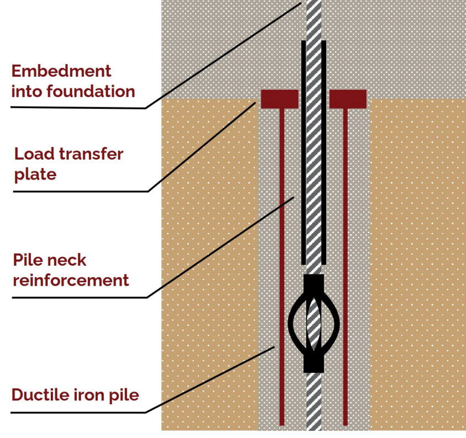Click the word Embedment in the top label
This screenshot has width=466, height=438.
[61, 71]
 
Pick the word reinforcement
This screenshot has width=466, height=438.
[70, 280]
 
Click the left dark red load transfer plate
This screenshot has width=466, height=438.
[280, 99]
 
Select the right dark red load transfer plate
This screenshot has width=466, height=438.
[348, 99]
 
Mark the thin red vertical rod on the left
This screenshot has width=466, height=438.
[282, 265]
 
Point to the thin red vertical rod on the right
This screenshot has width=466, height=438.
[346, 265]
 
